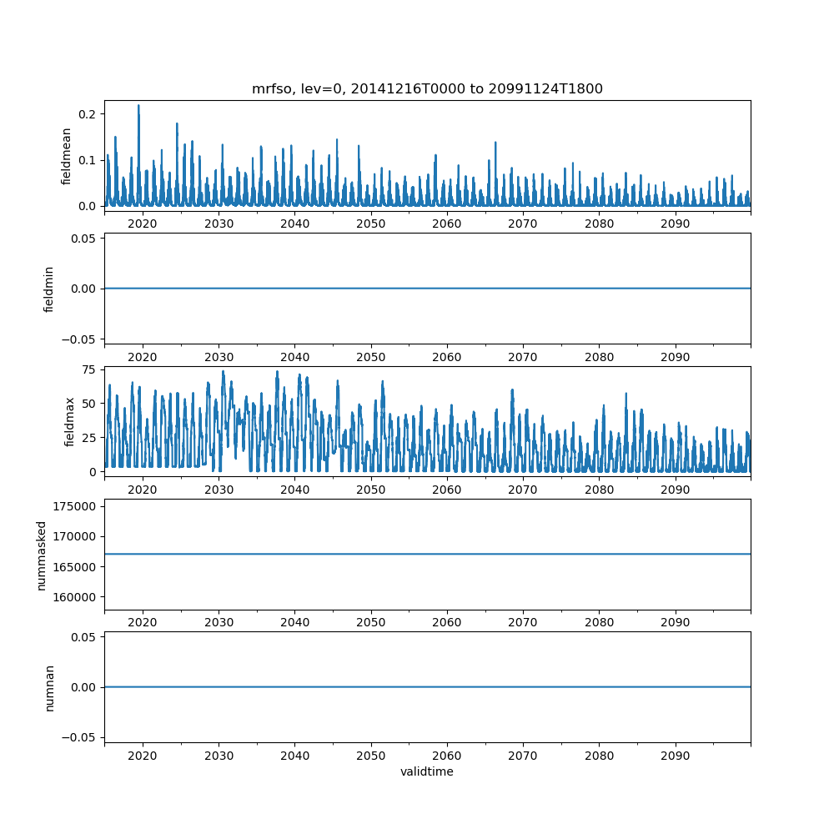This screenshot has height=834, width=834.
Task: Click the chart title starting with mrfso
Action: (x=427, y=88)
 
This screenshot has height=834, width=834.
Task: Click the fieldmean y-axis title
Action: (x=67, y=156)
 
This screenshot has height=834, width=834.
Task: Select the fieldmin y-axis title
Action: (x=49, y=289)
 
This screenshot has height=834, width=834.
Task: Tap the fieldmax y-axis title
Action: (x=70, y=421)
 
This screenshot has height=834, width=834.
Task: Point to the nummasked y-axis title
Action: (x=42, y=554)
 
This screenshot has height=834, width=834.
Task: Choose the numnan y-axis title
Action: (x=49, y=687)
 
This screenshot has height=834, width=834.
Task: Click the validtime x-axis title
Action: (x=427, y=772)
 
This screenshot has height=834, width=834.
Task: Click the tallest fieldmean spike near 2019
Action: (x=138, y=106)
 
